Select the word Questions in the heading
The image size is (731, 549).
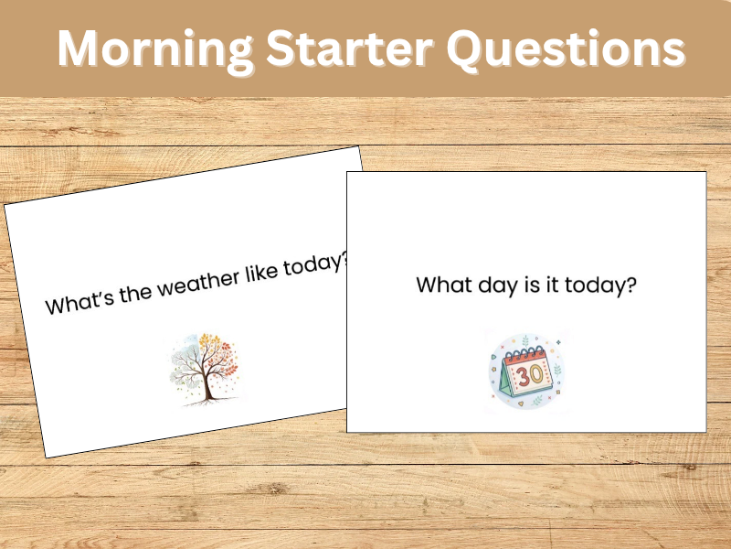[x=564, y=48]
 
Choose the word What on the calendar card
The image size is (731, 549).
[x=444, y=285]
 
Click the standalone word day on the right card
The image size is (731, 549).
[x=502, y=285]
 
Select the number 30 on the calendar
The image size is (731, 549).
[x=528, y=375]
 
